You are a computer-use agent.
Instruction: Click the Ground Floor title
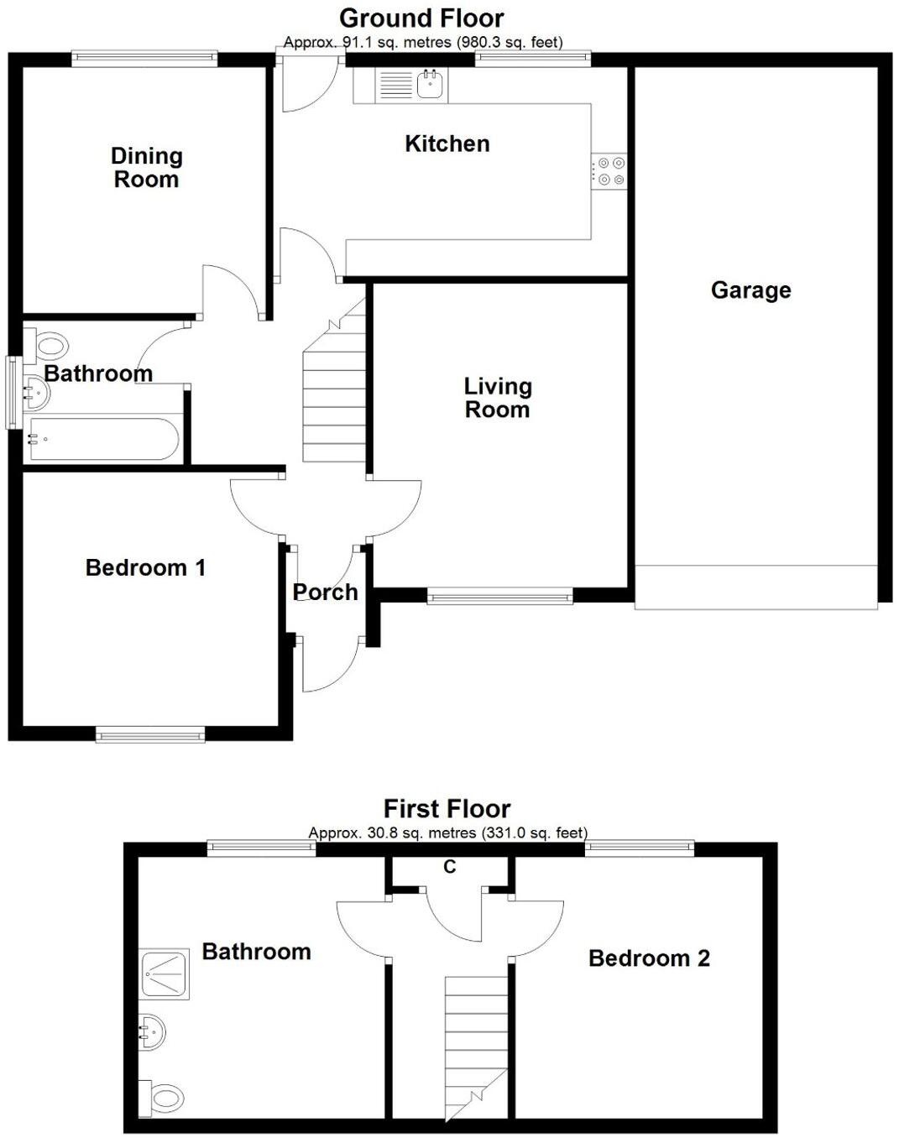[421, 18]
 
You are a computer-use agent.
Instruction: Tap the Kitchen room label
[447, 144]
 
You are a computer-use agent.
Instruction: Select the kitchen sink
[430, 85]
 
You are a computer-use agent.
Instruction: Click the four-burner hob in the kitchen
[609, 170]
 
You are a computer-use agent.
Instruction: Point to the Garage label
[750, 290]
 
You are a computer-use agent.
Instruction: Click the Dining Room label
[146, 167]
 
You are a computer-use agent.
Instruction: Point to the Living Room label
[497, 398]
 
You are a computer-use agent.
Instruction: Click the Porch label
[325, 592]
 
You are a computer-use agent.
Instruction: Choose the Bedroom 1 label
[145, 567]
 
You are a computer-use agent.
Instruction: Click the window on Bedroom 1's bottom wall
[150, 735]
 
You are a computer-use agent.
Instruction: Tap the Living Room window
[499, 597]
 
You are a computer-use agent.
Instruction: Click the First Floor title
[447, 808]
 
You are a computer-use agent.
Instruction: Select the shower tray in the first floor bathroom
[165, 974]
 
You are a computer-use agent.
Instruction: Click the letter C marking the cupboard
[450, 867]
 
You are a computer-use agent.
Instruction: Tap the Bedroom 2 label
[649, 958]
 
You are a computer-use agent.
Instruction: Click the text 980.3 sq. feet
[509, 42]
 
